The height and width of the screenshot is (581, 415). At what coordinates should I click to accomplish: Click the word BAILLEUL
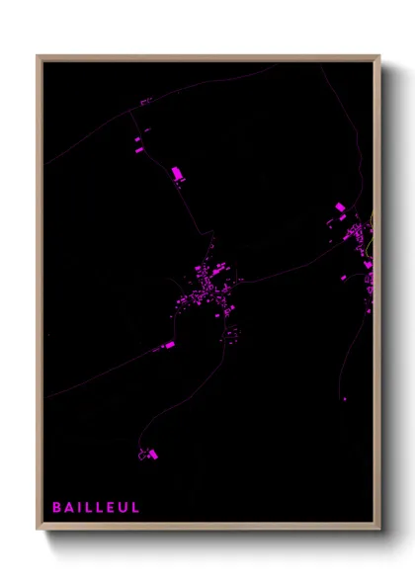[97, 508]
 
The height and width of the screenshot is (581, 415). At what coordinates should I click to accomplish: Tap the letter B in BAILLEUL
[57, 508]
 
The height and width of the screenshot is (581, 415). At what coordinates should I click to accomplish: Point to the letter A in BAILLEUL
[69, 508]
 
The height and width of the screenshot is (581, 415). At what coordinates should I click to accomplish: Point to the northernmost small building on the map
[144, 101]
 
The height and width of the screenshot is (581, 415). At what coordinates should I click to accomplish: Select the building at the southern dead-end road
[150, 454]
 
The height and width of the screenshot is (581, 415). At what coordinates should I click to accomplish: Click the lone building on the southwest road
[168, 345]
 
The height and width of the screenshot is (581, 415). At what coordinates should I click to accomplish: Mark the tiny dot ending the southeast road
[344, 398]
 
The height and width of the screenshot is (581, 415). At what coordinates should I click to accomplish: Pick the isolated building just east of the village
[237, 280]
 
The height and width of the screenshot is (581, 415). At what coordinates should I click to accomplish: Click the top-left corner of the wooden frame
[38, 55]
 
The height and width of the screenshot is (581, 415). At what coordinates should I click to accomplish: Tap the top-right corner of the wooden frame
[379, 55]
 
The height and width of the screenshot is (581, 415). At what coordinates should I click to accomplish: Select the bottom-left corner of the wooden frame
[38, 530]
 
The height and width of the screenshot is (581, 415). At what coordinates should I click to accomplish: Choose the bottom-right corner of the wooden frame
[379, 530]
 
